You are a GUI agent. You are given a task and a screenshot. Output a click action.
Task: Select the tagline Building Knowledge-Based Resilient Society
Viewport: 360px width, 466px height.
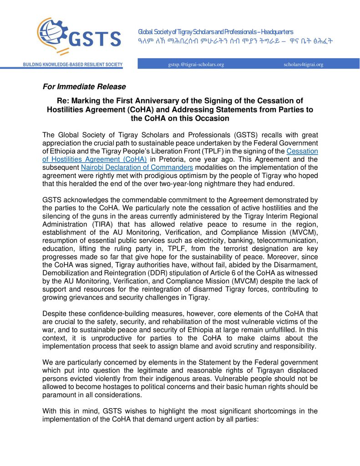[x=73, y=65]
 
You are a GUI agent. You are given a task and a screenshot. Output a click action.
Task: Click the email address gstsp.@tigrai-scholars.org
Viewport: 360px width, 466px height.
[x=196, y=65]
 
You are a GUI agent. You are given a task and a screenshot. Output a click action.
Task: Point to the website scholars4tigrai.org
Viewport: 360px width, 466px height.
[x=303, y=65]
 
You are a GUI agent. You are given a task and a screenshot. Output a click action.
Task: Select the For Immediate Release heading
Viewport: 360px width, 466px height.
[x=84, y=86]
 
